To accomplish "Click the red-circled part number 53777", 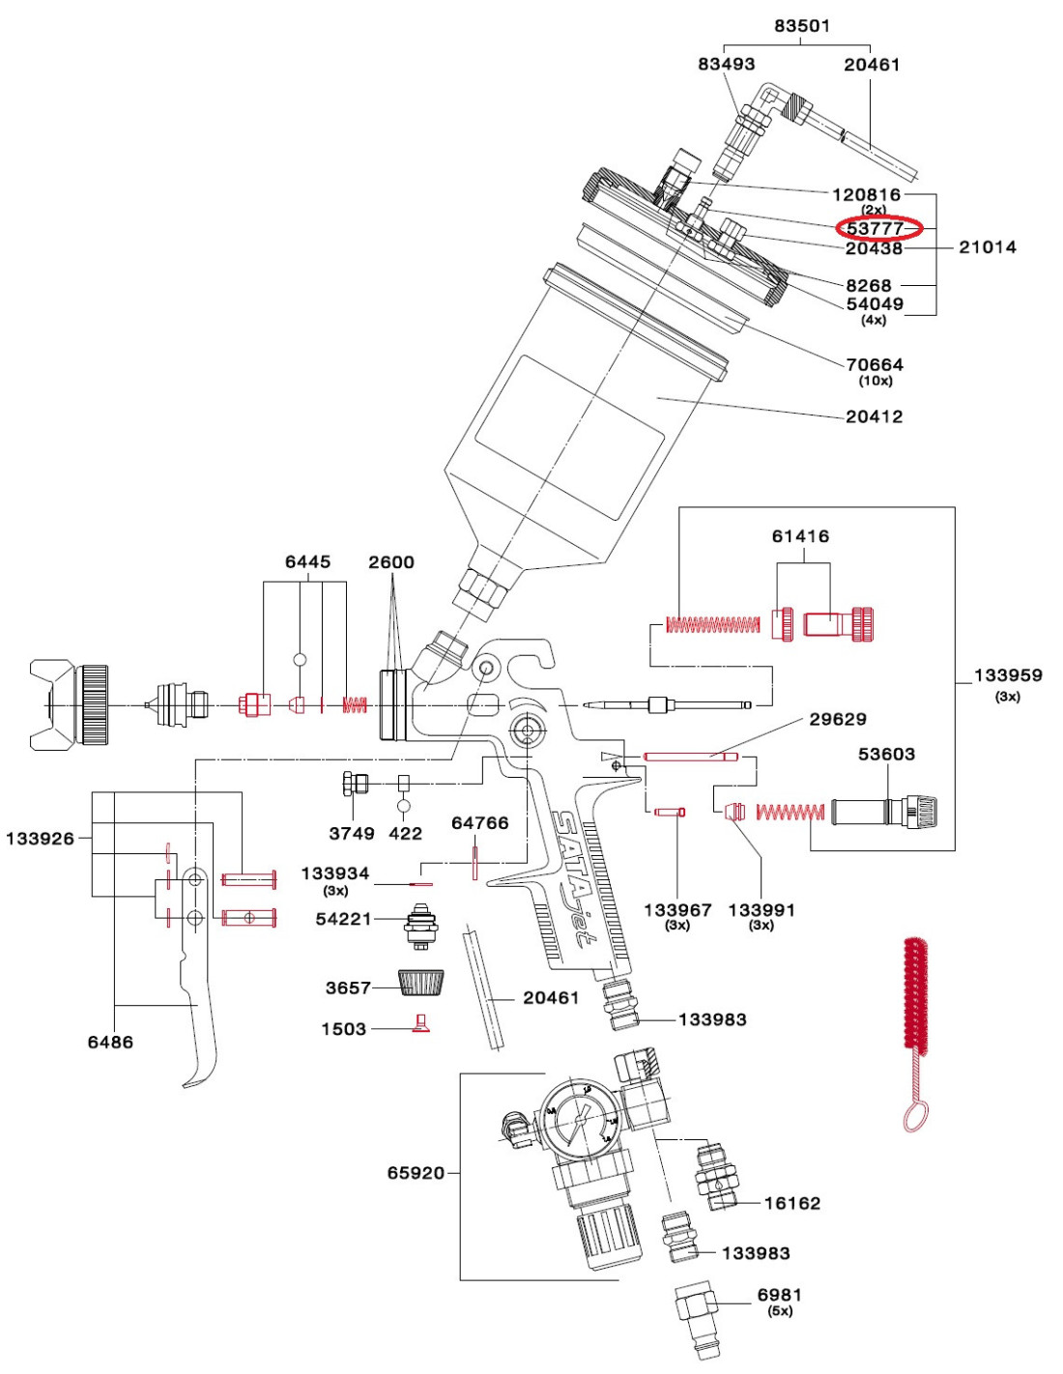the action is coord(875,228).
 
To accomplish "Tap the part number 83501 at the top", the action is coord(802,26).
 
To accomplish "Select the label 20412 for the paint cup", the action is coord(874,416).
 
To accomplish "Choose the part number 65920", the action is coord(416,1173).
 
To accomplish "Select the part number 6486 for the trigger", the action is coord(110,1043).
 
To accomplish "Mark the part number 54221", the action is coord(343,919).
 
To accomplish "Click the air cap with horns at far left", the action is coord(70,704).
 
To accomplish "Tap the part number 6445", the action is coord(308,562).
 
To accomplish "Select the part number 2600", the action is coord(391,562).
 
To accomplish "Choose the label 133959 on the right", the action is coord(1008,675).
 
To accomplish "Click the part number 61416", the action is coord(800,536).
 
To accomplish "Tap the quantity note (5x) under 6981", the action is coord(780,1311).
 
